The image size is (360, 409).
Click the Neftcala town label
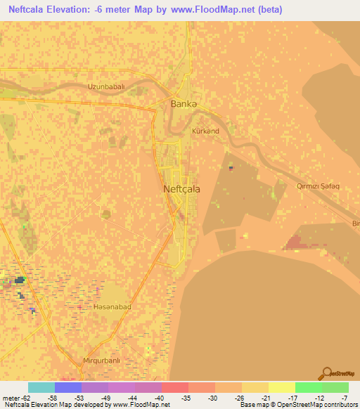pyautogui.click(x=181, y=189)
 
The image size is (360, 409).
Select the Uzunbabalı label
pyautogui.click(x=105, y=86)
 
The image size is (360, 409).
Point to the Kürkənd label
pyautogui.click(x=205, y=131)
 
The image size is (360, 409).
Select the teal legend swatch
pyautogui.click(x=41, y=387)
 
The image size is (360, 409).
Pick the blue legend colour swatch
pyautogui.click(x=68, y=387)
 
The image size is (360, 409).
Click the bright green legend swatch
pyautogui.click(x=309, y=387)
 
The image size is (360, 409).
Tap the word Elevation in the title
pyautogui.click(x=81, y=8)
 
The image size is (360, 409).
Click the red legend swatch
pyautogui.click(x=174, y=387)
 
